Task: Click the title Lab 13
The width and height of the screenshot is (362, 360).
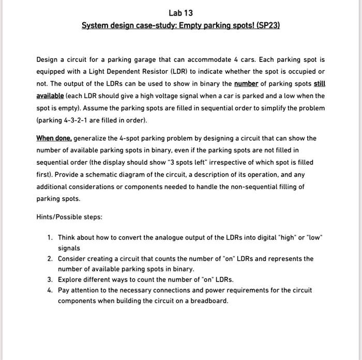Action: point(180,12)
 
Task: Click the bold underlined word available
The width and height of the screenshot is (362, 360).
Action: point(50,96)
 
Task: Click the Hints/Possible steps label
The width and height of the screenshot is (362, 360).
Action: point(69,217)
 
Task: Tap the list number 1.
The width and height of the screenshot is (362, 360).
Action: point(49,238)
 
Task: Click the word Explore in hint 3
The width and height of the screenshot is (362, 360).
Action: point(70,279)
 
